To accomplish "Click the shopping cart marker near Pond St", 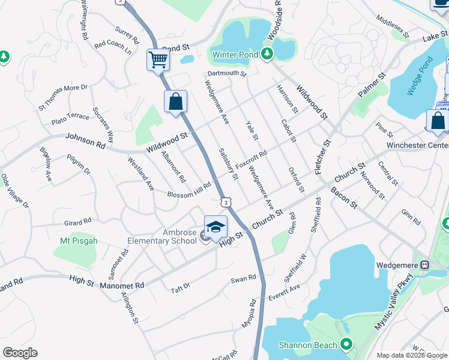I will (x=158, y=59).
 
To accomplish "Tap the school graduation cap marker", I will (x=215, y=227).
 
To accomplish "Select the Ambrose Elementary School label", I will (x=162, y=237).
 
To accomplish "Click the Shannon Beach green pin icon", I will (x=346, y=344).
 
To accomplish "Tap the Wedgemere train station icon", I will (x=424, y=265).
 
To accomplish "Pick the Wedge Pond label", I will (x=420, y=76).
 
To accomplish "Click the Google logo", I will (x=20, y=353).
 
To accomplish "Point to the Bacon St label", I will (x=343, y=199).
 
